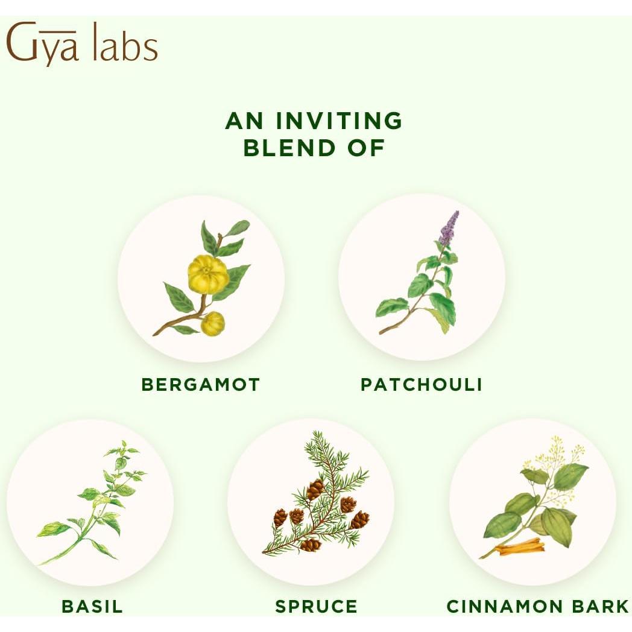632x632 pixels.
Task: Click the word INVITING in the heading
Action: click(340, 121)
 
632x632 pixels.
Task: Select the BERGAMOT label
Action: click(200, 384)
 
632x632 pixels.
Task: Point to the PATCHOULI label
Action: click(421, 384)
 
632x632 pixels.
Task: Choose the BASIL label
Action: click(92, 606)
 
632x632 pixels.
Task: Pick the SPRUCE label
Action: click(316, 606)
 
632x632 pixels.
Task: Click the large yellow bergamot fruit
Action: click(208, 274)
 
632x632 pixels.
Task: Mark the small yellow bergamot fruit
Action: click(212, 324)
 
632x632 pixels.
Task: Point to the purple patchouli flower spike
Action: click(449, 228)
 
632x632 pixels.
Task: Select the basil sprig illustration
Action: click(96, 501)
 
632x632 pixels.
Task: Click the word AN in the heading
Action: click(244, 121)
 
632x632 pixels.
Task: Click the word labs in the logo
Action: click(125, 47)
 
